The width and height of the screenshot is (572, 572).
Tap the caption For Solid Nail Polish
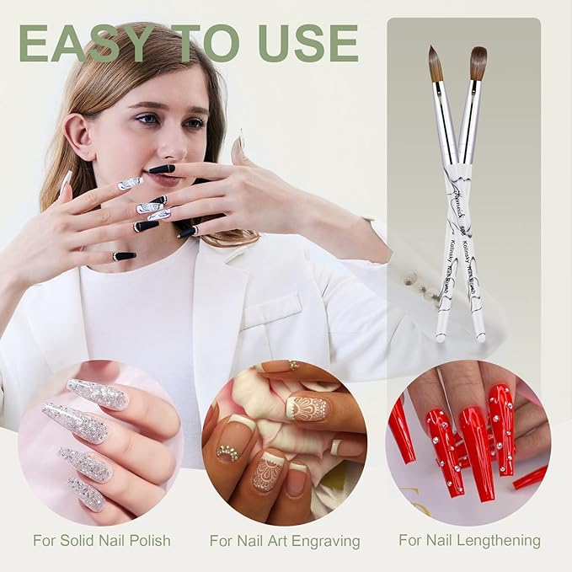tap(102, 540)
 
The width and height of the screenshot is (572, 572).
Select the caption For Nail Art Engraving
tap(285, 541)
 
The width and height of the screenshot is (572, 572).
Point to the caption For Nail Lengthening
tap(469, 540)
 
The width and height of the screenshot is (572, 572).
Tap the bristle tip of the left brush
tap(435, 63)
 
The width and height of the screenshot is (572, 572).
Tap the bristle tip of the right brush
tap(478, 61)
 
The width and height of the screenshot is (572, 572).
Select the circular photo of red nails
tap(468, 442)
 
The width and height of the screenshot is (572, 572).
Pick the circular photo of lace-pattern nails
tap(284, 442)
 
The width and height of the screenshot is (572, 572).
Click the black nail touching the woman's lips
tap(162, 169)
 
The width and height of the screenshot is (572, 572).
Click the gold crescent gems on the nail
tap(228, 452)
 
